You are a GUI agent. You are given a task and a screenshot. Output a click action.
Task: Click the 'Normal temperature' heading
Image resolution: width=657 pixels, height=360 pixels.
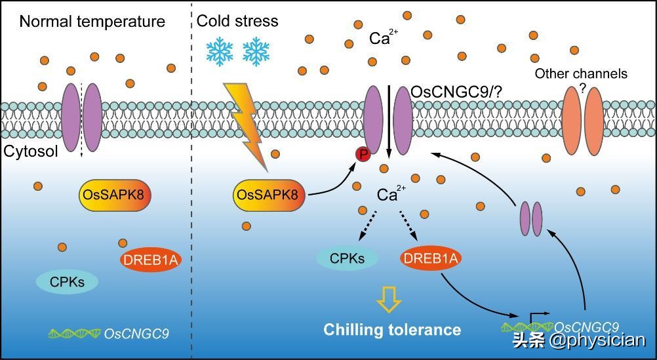point(92,22)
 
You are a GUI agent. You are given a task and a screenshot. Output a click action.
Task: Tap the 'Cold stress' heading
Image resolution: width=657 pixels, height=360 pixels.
point(237,21)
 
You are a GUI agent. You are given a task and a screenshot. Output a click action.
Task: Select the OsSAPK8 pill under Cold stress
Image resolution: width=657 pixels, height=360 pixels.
point(269,195)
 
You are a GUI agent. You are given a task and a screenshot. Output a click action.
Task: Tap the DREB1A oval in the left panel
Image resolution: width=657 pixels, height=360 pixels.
point(150,260)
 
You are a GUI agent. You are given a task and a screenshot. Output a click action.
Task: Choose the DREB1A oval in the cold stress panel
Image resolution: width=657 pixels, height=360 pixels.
point(430,258)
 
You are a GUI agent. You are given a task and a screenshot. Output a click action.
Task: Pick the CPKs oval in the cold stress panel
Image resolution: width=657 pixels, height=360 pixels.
point(347,258)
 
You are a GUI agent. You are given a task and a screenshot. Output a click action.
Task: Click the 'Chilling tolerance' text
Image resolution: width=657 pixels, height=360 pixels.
point(392,329)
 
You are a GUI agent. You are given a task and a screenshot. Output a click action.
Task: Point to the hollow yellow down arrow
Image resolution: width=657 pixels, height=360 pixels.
point(388,299)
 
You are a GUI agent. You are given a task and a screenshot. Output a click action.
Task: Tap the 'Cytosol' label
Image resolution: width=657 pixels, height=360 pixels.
point(31,151)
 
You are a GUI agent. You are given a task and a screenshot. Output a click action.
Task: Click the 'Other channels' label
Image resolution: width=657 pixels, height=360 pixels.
point(581,73)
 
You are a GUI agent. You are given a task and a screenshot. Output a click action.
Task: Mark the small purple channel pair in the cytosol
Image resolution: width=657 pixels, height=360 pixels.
point(531,218)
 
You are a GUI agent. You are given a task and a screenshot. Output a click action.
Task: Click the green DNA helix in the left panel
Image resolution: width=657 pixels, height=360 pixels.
point(74,333)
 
